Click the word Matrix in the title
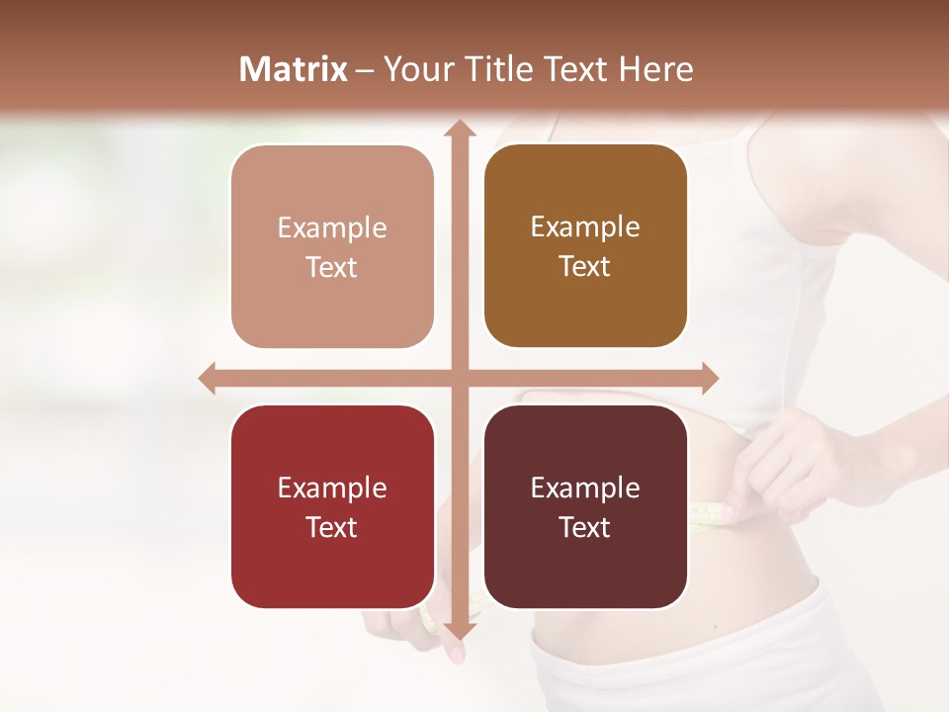pyautogui.click(x=294, y=69)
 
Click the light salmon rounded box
pyautogui.click(x=332, y=247)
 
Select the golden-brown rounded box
pyautogui.click(x=585, y=246)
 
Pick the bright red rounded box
pyautogui.click(x=332, y=507)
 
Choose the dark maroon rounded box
pyautogui.click(x=585, y=507)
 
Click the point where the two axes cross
pyautogui.click(x=458, y=379)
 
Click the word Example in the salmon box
pyautogui.click(x=332, y=228)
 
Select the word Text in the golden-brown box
pyautogui.click(x=585, y=267)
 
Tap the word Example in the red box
pyautogui.click(x=332, y=489)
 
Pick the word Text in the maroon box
pyautogui.click(x=585, y=528)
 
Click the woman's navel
pyautogui.click(x=714, y=627)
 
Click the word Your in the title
pyautogui.click(x=416, y=69)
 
